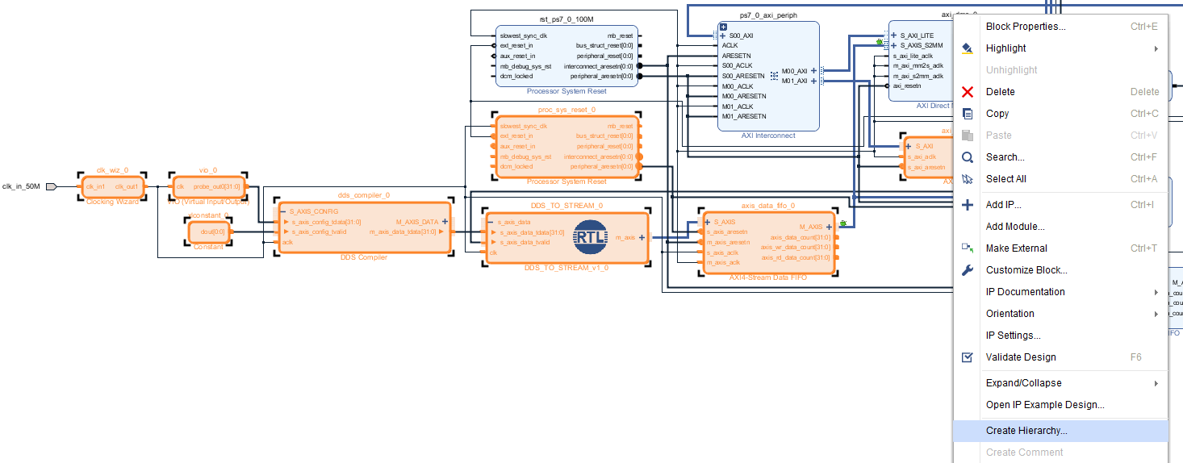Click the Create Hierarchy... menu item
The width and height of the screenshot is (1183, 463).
tap(1026, 431)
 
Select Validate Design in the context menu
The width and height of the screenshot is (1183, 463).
tap(1020, 357)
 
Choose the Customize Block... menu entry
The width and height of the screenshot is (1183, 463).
tap(1026, 270)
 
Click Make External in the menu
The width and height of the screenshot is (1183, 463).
tap(1016, 248)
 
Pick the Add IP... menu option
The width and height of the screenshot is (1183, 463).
tap(1003, 205)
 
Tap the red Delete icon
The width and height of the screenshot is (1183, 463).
tap(968, 92)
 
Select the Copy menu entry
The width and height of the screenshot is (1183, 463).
tap(997, 114)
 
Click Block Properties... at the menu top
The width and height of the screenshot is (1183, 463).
tap(1025, 27)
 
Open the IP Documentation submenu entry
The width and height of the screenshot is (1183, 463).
tap(1025, 292)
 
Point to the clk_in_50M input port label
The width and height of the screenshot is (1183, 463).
tap(21, 186)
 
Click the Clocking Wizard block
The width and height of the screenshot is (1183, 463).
tap(112, 187)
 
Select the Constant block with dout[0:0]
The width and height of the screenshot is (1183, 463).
tap(208, 232)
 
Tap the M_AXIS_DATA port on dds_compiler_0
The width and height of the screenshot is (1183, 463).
tap(417, 221)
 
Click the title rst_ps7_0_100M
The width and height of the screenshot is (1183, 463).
tap(566, 18)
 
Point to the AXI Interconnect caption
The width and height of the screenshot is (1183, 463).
tap(768, 136)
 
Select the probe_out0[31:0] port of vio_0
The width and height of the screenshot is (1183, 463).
tap(216, 186)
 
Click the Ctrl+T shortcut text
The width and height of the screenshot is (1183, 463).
tap(1143, 248)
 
